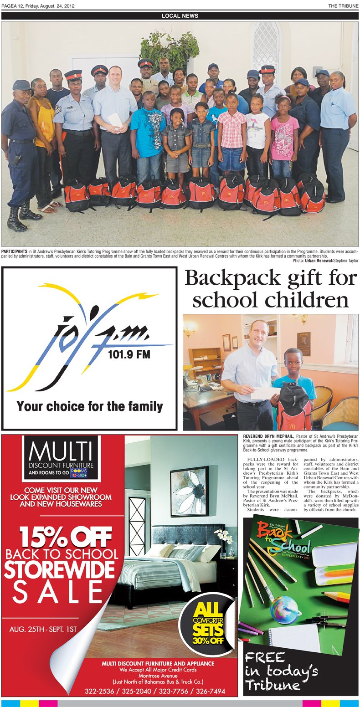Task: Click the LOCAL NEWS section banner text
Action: pos(180,15)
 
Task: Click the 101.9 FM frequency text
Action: pos(129,354)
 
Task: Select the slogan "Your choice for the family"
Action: pos(90,405)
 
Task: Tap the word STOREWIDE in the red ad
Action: pos(60,570)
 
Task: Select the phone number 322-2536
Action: pos(100,691)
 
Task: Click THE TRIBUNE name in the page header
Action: pos(343,6)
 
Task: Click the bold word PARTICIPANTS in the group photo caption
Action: pos(15,251)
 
